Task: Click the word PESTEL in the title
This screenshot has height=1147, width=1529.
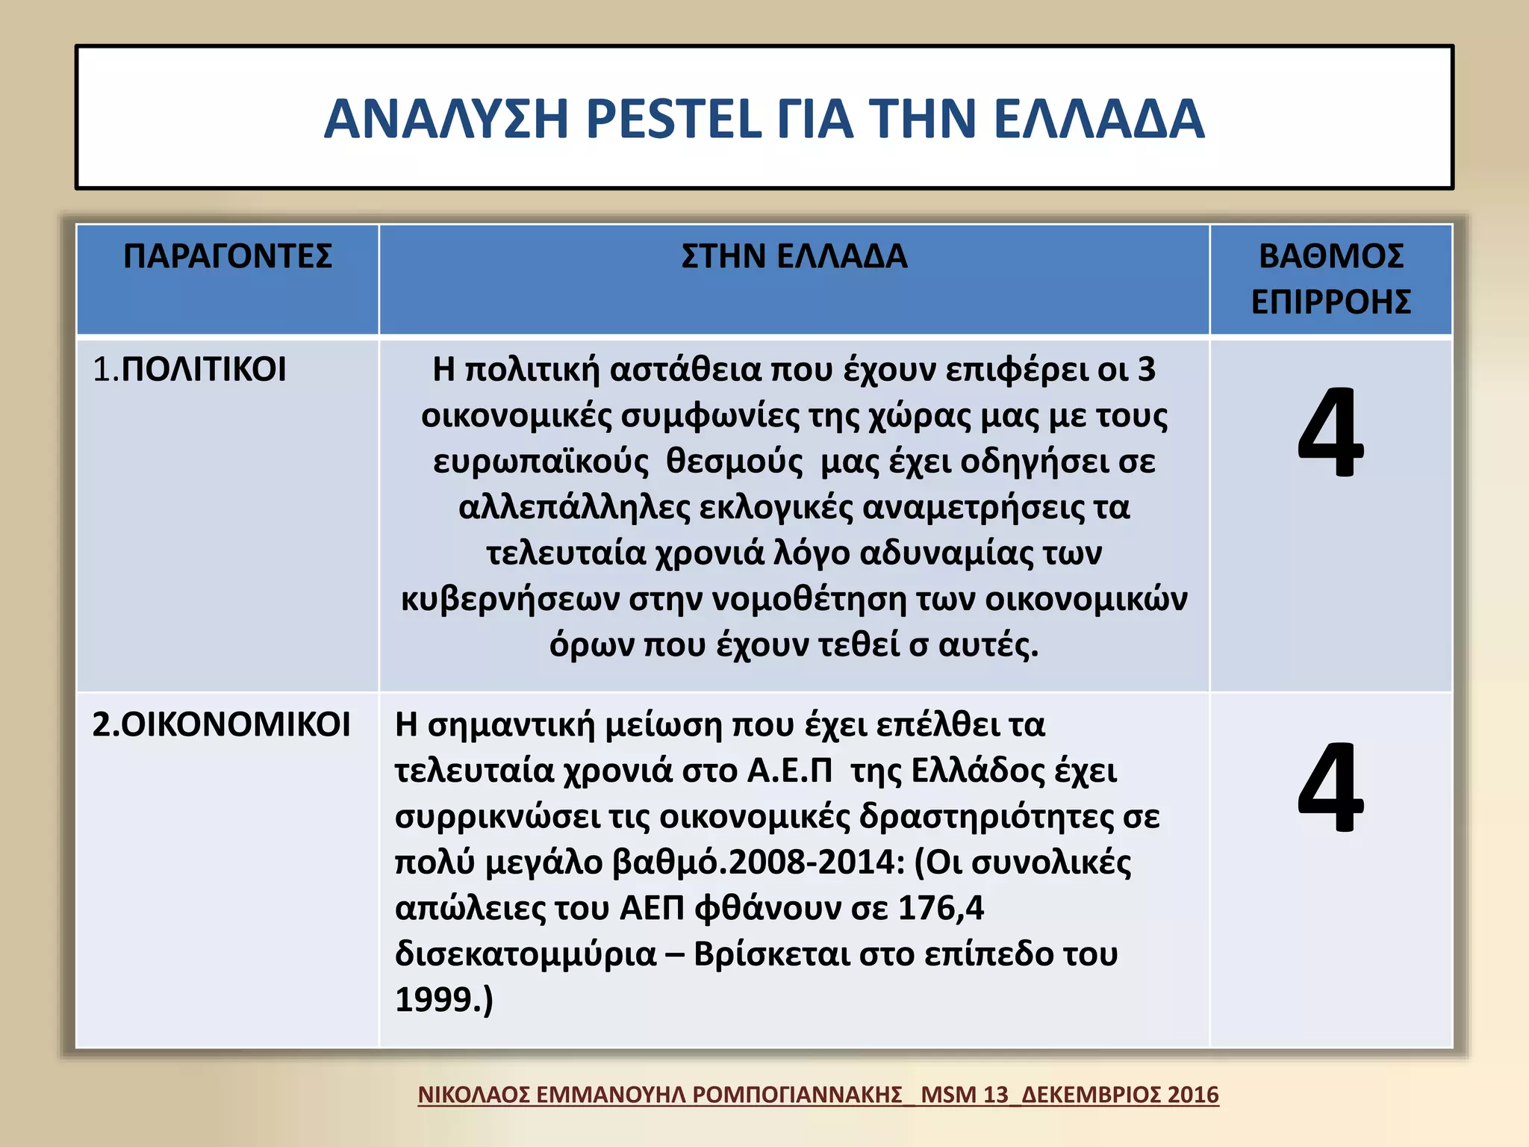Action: coord(673,119)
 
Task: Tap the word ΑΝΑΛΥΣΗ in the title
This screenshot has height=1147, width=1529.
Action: coord(446,119)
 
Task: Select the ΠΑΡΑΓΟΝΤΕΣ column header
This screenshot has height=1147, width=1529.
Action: coord(228,256)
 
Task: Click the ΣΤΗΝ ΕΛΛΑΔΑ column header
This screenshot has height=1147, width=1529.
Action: coord(794,256)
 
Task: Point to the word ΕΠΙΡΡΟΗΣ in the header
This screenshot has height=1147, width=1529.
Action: coord(1330,302)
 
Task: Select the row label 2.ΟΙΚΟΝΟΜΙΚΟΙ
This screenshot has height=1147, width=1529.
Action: coord(221,724)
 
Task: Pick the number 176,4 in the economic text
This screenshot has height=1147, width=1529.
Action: coord(941,908)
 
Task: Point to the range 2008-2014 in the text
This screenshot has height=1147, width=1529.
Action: coord(816,862)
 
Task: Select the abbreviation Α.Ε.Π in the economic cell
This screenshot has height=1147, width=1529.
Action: coord(789,771)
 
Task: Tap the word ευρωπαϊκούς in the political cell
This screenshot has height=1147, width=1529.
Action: coord(541,461)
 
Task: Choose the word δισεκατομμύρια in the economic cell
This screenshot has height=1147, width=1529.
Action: coord(526,954)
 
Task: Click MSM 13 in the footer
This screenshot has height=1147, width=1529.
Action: coord(964,1095)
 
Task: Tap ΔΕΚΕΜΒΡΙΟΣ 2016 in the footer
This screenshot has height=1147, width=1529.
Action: coord(1120,1095)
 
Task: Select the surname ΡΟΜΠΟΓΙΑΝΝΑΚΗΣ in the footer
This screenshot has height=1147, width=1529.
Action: coord(797,1095)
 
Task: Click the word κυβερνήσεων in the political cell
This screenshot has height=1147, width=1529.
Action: coord(510,600)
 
